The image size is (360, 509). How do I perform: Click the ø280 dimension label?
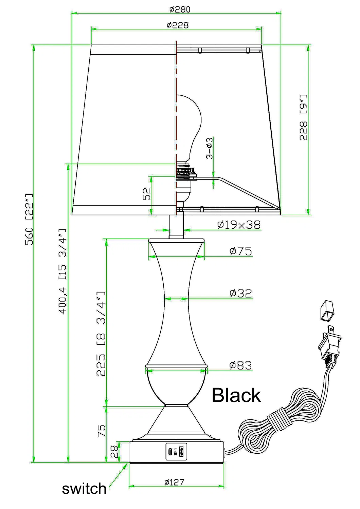[180, 9]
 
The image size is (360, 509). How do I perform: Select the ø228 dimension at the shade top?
[177, 25]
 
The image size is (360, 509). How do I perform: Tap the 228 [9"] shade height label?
[303, 117]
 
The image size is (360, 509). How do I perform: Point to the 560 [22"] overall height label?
[29, 219]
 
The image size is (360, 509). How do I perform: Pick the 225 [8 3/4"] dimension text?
[101, 334]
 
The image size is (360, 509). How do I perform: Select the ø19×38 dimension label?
[239, 225]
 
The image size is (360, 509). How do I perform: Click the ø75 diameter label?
[240, 251]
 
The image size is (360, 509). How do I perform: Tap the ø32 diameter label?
[240, 293]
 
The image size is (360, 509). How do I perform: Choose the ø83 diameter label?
[240, 365]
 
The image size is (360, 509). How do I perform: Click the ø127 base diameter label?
[174, 482]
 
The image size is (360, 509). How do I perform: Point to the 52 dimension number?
[146, 194]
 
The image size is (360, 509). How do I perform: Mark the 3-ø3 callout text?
[210, 148]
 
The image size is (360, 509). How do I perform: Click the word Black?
[236, 395]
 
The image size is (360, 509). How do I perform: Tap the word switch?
[84, 489]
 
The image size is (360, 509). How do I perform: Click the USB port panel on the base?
[176, 452]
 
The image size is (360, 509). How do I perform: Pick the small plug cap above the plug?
[327, 310]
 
